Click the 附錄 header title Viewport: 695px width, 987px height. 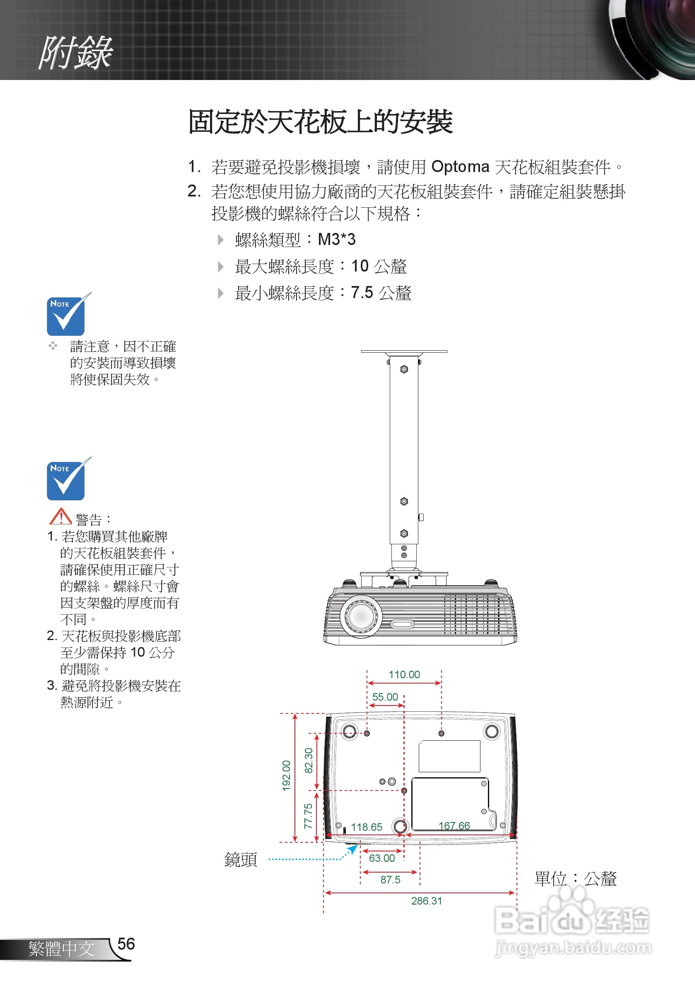coord(76,53)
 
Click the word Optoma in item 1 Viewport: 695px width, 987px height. coord(460,167)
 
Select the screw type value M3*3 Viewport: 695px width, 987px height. coord(336,240)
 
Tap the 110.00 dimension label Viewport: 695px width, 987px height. coord(404,674)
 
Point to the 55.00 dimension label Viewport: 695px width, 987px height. coord(385,697)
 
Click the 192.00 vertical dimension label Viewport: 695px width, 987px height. coord(287,776)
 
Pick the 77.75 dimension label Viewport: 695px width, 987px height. coord(309,816)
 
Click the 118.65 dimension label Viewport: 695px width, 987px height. coord(367,827)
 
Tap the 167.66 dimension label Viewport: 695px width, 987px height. coord(454,826)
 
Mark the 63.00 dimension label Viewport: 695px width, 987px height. coord(382,858)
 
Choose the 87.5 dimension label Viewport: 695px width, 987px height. coord(390,880)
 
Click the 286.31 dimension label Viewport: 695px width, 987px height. coord(426,901)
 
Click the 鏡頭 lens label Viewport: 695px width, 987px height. coord(241,860)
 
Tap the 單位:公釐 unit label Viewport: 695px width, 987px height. coord(575,879)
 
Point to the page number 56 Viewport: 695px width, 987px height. coord(126,944)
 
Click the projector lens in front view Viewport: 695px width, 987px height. coord(361,616)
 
